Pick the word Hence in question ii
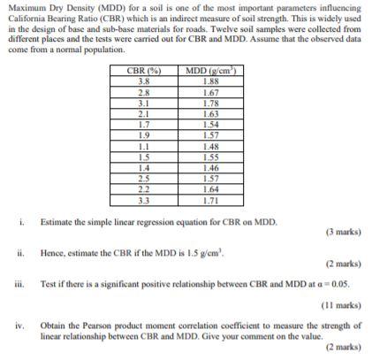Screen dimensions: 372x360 [x=53, y=252]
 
